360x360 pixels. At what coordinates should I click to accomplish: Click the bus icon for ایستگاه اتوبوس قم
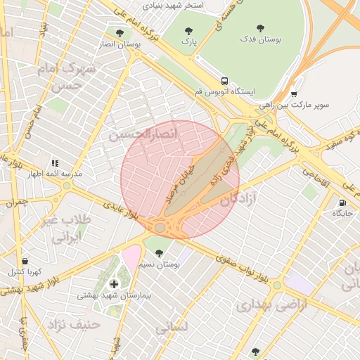[x=224, y=81]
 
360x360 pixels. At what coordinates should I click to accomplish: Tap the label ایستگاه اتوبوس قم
[x=224, y=92]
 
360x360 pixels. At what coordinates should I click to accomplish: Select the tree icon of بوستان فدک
[x=260, y=29]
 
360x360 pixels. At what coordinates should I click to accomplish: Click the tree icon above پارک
[x=188, y=31]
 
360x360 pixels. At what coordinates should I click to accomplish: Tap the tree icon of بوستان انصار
[x=119, y=32]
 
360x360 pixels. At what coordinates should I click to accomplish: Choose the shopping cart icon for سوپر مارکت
[x=293, y=94]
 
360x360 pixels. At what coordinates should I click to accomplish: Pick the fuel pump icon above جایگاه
[x=342, y=202]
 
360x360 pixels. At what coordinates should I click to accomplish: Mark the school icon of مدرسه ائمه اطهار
[x=55, y=163]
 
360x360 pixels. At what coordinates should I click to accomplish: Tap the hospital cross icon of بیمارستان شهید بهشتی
[x=115, y=284]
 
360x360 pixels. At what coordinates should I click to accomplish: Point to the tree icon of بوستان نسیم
[x=159, y=253]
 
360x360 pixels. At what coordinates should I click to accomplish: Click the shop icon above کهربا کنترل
[x=25, y=262]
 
